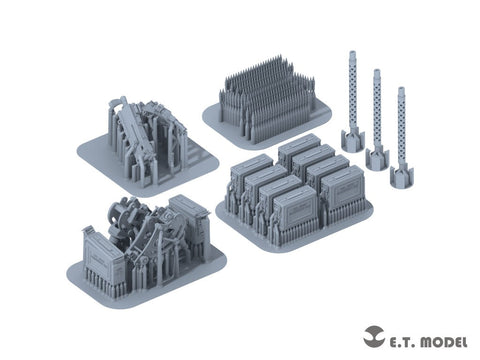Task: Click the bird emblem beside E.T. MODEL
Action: (x=374, y=336)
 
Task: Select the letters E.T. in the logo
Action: (x=402, y=342)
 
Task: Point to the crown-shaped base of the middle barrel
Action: (x=377, y=157)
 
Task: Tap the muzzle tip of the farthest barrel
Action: (x=353, y=53)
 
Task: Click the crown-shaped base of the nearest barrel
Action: (x=402, y=176)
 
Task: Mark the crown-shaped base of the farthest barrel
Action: (x=353, y=140)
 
